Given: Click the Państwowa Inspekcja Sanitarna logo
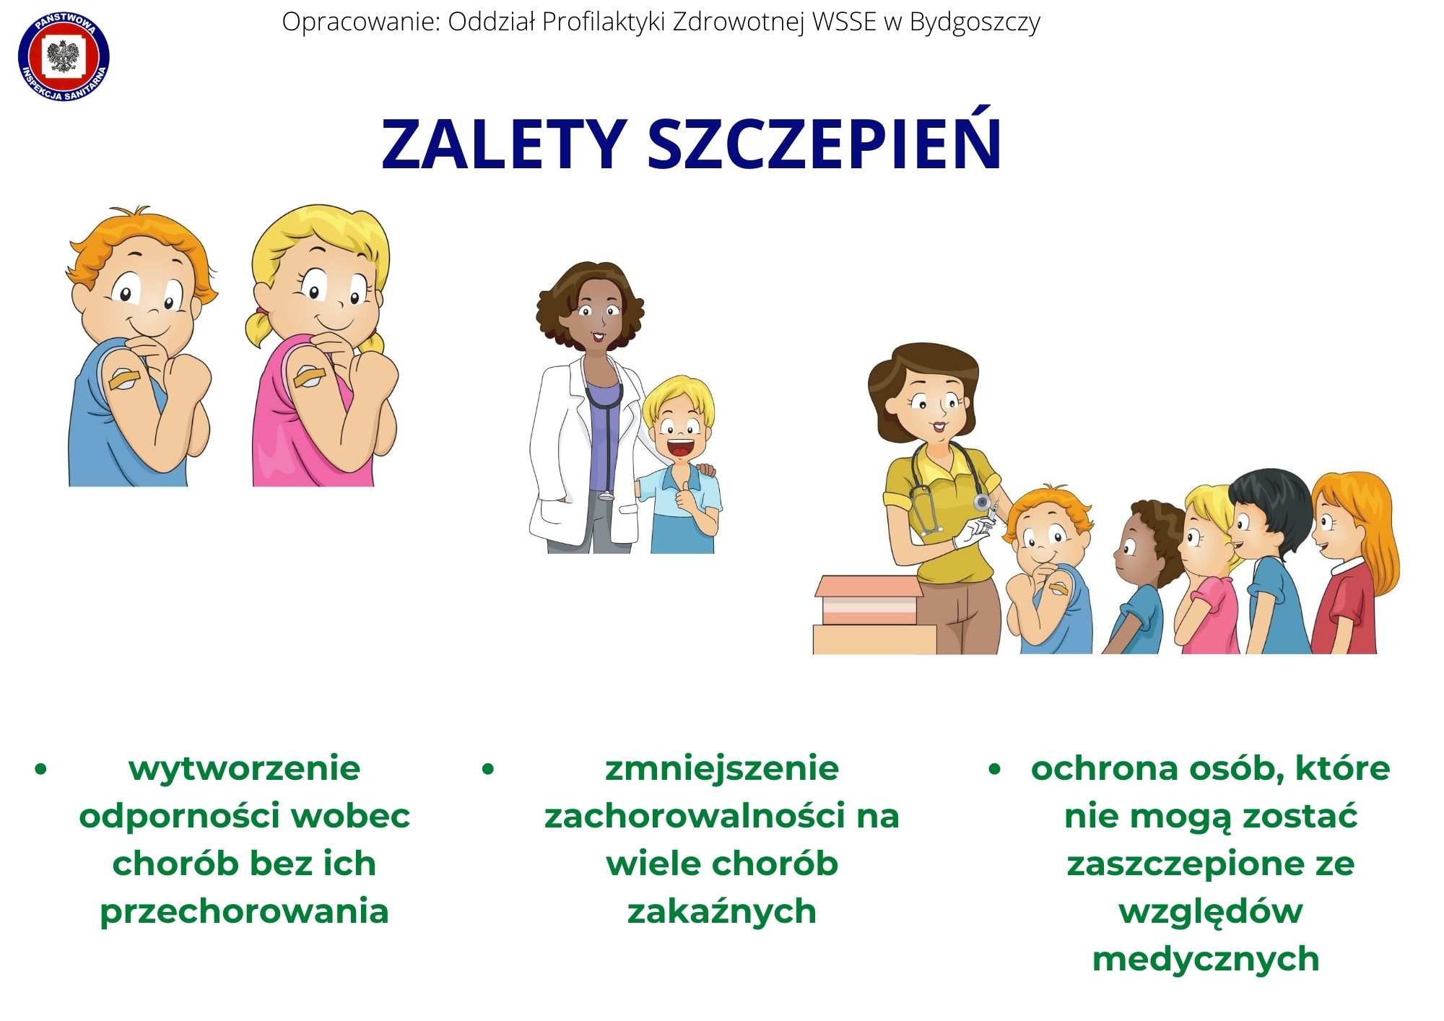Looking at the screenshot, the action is [x=64, y=56].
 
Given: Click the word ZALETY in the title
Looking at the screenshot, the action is [x=503, y=144].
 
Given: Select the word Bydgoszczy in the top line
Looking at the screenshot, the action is [x=974, y=23].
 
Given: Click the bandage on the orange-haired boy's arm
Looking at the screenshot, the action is [x=123, y=379].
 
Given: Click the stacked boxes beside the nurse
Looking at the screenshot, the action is [x=874, y=615].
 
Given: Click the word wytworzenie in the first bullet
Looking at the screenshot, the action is [x=244, y=768].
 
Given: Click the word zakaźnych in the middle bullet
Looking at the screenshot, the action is [x=721, y=911].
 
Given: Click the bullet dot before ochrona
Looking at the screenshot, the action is [x=996, y=770].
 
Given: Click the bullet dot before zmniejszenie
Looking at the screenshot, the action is [x=488, y=770].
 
